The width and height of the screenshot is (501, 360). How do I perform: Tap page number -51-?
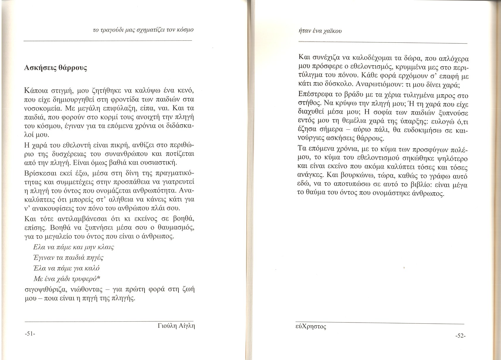30,334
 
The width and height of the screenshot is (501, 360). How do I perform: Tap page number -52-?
460,336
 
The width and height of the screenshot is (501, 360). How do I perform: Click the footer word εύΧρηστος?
311,326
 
